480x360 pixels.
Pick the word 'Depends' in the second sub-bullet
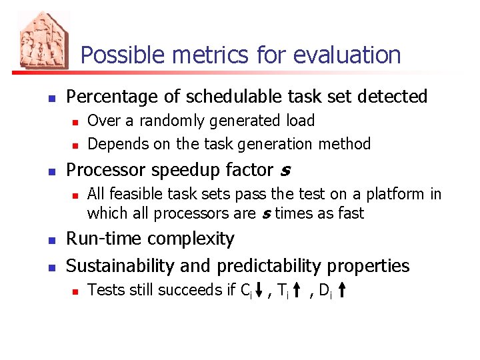pyautogui.click(x=115, y=144)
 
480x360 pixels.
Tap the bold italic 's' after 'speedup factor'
pyautogui.click(x=285, y=171)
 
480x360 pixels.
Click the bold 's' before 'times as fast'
pyautogui.click(x=265, y=214)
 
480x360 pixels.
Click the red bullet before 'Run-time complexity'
pyautogui.click(x=51, y=240)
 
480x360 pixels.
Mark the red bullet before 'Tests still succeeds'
pyautogui.click(x=75, y=291)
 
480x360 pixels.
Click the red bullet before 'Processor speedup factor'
pyautogui.click(x=51, y=171)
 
